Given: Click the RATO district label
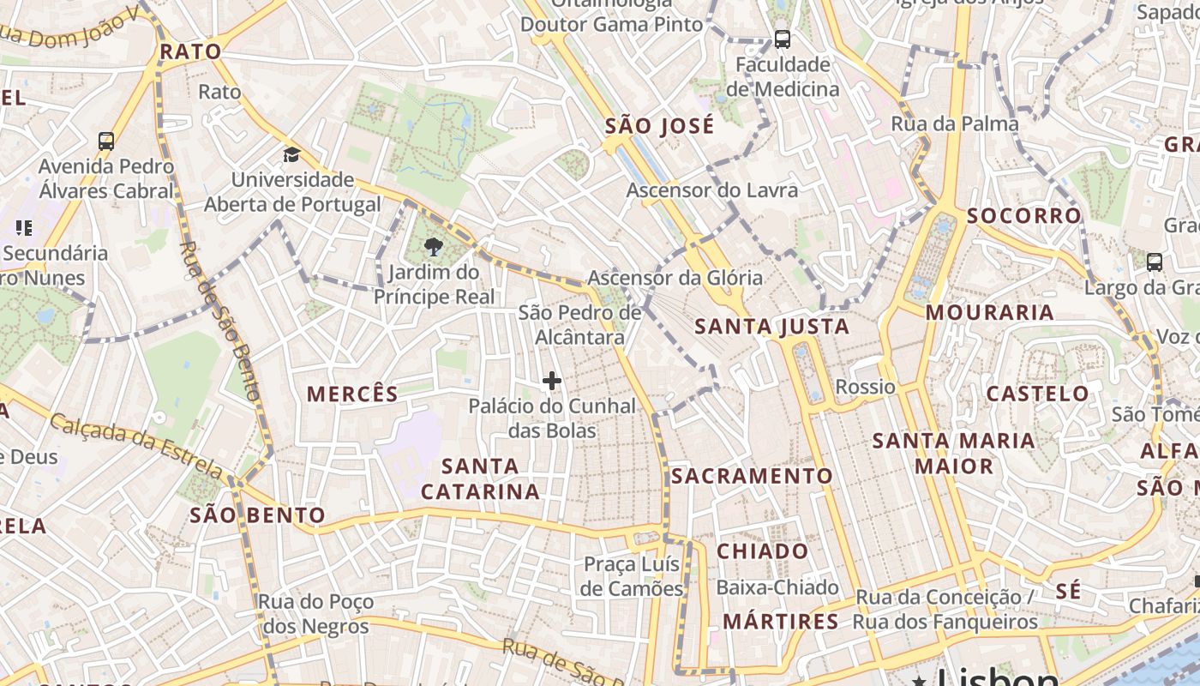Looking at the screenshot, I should [190, 51].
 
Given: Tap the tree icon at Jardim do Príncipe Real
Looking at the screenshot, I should [434, 248].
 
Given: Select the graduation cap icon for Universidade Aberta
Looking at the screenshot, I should [292, 155].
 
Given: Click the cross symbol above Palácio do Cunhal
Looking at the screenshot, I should [552, 380].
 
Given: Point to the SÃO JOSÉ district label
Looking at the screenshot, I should [659, 126].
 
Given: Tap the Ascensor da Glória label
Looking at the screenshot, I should [675, 278].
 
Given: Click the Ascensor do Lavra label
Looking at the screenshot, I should [712, 190].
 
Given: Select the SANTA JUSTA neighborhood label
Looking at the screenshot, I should [771, 326].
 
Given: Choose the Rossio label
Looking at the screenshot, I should [865, 387].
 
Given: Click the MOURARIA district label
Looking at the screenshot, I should [990, 312].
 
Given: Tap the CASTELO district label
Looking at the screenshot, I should [1037, 394].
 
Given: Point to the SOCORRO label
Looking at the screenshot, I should [1024, 216].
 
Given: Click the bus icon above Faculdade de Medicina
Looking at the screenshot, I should [782, 39].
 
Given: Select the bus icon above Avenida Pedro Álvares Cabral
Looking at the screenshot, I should [106, 141].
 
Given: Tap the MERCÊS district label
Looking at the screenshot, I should [352, 394].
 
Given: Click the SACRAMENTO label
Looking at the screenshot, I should [752, 476].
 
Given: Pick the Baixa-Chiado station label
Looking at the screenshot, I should [777, 587].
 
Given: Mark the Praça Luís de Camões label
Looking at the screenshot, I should [633, 576].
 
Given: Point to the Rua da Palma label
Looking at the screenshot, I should [955, 123].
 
